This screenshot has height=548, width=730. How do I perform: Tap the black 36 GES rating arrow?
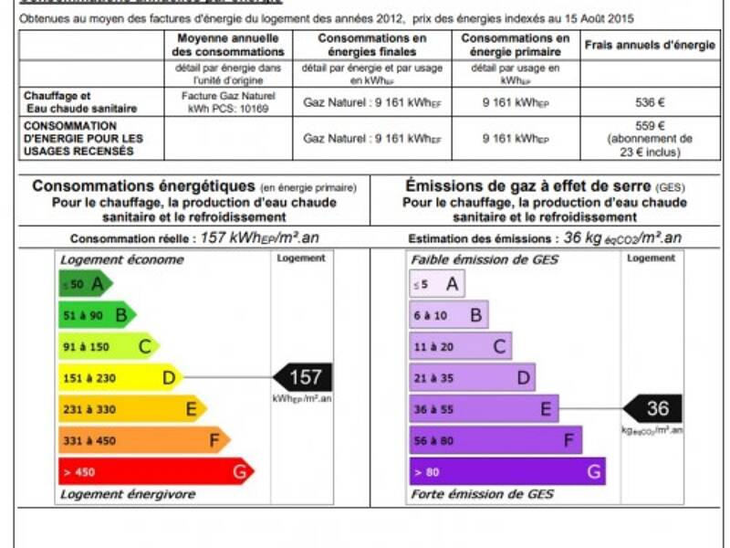(x=652, y=409)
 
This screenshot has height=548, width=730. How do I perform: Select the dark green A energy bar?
(x=85, y=284)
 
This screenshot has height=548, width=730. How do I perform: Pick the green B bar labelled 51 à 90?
(x=97, y=315)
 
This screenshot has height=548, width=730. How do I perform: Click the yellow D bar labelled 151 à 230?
(x=120, y=377)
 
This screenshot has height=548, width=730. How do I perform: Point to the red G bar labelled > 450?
(x=155, y=472)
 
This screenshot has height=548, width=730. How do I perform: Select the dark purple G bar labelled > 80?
(x=506, y=472)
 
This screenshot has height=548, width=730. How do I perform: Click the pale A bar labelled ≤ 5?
(x=435, y=284)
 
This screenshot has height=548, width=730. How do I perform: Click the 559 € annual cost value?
(x=650, y=126)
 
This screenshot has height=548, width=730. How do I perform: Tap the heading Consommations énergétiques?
(x=144, y=186)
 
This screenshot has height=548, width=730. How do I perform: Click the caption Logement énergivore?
(x=128, y=494)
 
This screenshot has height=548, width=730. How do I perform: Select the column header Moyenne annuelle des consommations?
(x=231, y=45)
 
